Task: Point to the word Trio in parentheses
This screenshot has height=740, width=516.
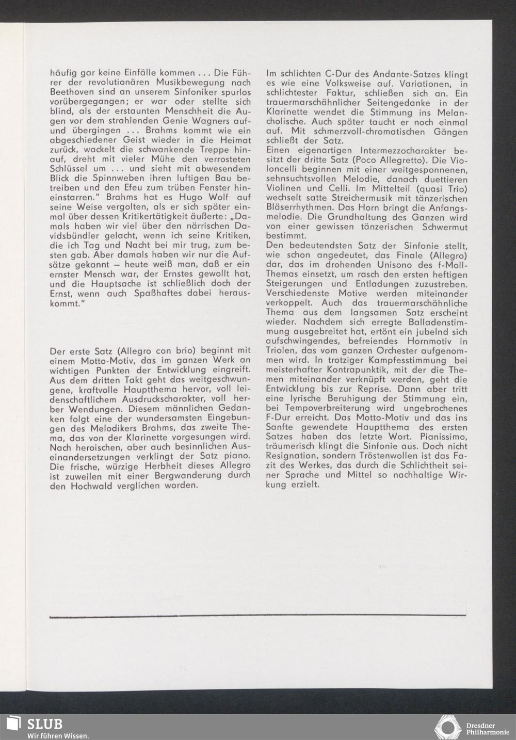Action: tap(454, 190)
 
